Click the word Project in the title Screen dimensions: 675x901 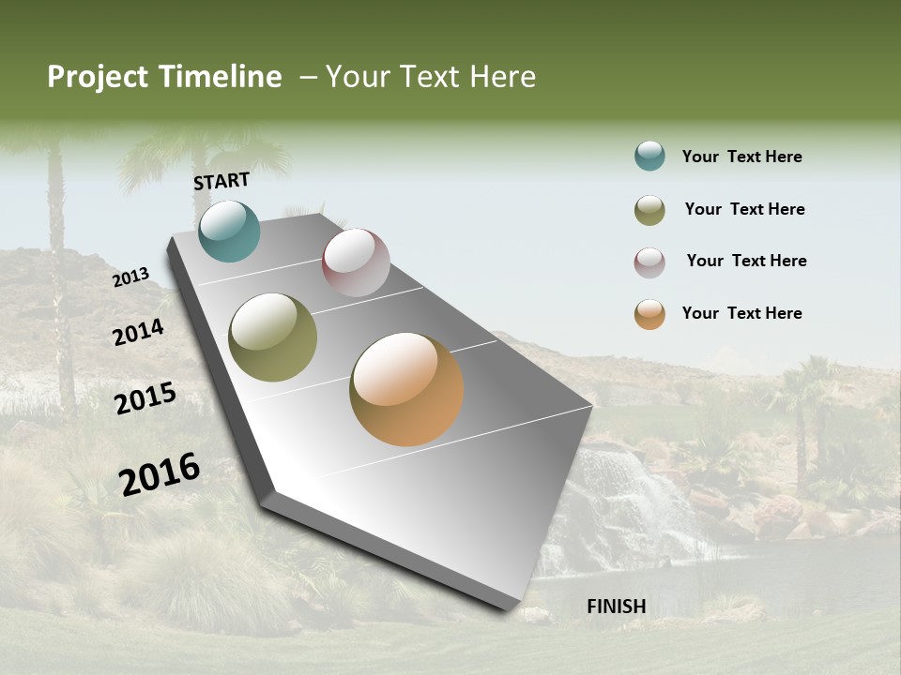[x=99, y=77]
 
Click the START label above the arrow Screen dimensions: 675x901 [x=221, y=181]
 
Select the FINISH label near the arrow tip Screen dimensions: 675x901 [x=617, y=607]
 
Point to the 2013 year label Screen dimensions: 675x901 [x=131, y=277]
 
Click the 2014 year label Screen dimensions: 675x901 [x=139, y=332]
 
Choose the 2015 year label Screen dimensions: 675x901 [x=145, y=398]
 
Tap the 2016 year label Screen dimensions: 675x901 [x=160, y=474]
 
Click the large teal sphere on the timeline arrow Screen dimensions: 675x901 [x=229, y=231]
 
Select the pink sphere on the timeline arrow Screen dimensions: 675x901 [x=356, y=262]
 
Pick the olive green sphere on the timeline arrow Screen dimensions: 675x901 [x=273, y=337]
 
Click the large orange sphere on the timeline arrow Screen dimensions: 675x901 [x=406, y=389]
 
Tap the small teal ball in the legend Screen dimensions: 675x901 [x=649, y=156]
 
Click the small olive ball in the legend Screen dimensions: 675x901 [x=649, y=210]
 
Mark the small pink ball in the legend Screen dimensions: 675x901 [x=649, y=262]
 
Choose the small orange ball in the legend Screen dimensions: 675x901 [x=649, y=314]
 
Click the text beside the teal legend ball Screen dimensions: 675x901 [x=741, y=157]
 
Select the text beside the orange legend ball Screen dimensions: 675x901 [x=741, y=313]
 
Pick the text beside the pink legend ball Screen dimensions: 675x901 [x=746, y=261]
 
